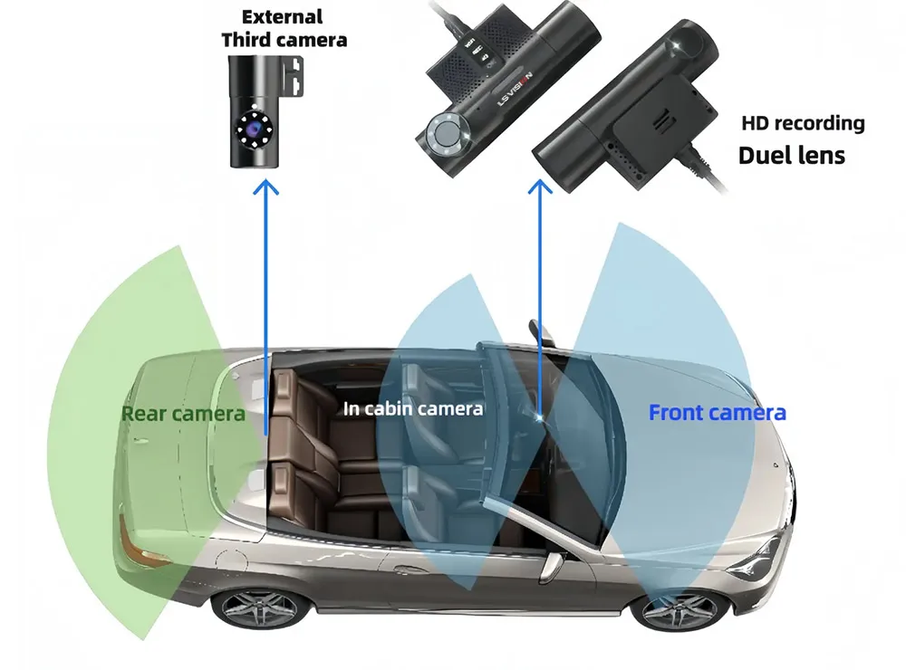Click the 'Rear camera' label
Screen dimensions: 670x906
click(183, 414)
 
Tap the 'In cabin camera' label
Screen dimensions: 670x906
click(413, 408)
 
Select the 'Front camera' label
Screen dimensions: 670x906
click(717, 413)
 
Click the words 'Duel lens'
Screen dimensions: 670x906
click(791, 155)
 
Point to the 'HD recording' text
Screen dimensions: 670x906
click(803, 123)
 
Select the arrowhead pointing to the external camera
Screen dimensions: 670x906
click(265, 187)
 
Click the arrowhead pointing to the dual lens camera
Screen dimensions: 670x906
click(541, 187)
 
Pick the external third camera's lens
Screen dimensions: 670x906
click(255, 132)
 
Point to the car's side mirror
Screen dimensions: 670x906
click(550, 565)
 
